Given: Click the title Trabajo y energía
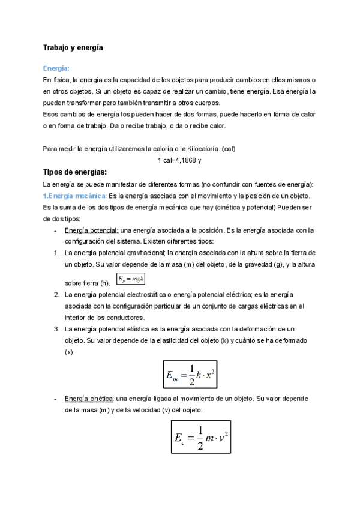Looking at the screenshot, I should tap(73, 47).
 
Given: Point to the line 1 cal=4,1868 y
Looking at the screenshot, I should tap(179, 160).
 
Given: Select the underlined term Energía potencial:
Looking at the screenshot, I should tap(92, 230).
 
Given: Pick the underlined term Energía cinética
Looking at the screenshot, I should tap(88, 399).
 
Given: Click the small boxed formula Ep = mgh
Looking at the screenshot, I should tap(131, 279).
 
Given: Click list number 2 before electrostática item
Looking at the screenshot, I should tap(56, 295).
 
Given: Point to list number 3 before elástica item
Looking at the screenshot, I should tap(56, 329).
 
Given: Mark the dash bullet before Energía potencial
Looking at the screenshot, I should tap(56, 230).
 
